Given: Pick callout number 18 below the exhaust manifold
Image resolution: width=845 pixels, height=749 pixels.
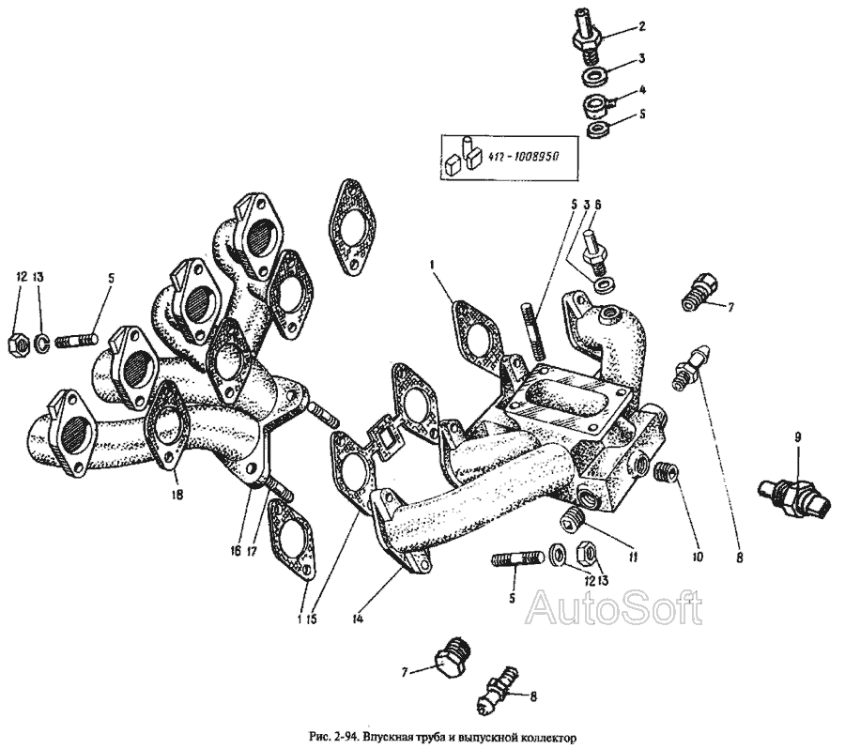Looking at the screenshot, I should click(x=177, y=494).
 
